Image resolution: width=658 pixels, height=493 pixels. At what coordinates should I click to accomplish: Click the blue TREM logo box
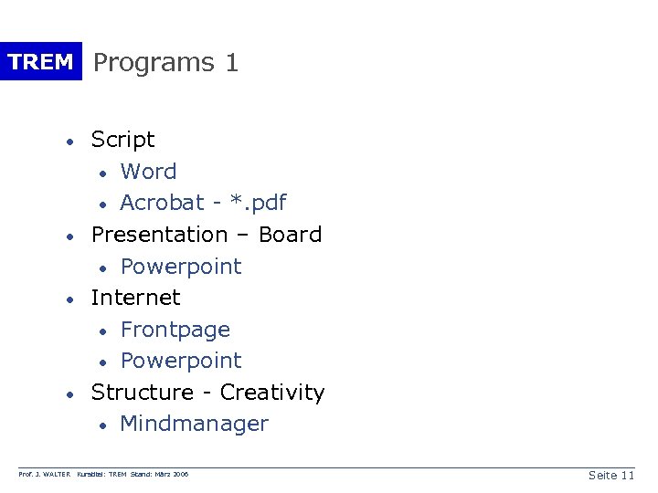(40, 62)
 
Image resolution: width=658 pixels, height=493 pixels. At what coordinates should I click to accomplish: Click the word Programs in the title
(154, 63)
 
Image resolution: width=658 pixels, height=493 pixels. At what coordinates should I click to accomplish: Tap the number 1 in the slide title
(231, 63)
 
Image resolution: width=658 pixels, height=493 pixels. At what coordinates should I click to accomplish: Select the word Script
(122, 140)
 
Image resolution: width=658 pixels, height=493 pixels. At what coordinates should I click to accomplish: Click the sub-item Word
(148, 172)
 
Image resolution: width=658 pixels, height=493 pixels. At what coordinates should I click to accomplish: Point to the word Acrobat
(162, 203)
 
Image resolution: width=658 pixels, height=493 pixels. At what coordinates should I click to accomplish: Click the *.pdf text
(261, 203)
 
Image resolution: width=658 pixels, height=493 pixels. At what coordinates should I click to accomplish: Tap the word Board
(290, 235)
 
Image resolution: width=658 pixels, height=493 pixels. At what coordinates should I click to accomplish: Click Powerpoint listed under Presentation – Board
(181, 267)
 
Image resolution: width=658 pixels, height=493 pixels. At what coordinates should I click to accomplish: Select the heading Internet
(135, 298)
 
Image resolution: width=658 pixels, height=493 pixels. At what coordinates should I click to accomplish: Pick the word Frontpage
(175, 330)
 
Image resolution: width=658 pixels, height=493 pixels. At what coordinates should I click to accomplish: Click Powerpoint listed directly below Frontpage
(181, 361)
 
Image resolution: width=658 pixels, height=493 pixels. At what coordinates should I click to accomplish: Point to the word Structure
(143, 393)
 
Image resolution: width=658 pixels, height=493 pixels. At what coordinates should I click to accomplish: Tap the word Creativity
(272, 393)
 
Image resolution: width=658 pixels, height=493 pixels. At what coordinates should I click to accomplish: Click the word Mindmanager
(194, 424)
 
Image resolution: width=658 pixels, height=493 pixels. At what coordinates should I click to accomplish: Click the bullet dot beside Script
(69, 142)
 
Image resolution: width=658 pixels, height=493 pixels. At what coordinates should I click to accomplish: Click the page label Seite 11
(611, 476)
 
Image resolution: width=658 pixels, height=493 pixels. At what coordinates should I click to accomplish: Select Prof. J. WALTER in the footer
(45, 475)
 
